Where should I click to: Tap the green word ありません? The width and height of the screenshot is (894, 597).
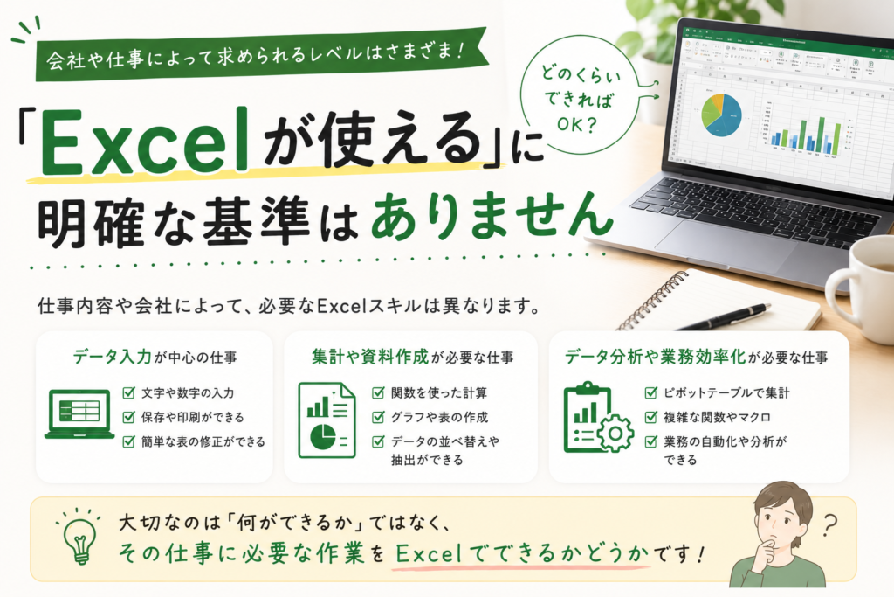491,218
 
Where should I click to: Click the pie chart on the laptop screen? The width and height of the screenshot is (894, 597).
721,115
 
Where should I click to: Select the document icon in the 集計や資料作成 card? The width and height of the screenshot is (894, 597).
327,420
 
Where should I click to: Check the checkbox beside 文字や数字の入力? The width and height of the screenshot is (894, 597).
129,392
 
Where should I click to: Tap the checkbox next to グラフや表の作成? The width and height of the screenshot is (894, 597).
378,417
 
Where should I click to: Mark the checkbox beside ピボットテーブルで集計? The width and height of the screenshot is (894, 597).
650,392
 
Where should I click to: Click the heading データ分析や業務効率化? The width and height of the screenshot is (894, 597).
656,358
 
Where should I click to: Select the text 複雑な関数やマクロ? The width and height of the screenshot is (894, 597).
717,417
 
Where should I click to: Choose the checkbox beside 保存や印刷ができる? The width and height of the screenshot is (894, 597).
129,417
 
